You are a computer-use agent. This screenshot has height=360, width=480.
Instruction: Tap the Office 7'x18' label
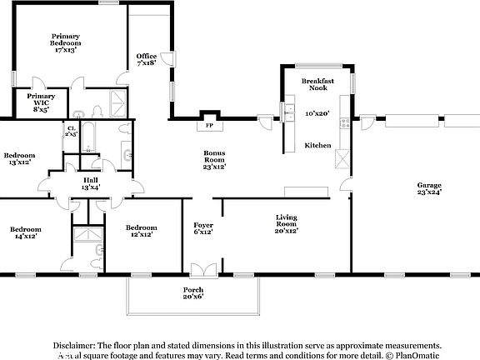click(147, 59)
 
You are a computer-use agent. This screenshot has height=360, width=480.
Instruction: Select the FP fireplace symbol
click(208, 125)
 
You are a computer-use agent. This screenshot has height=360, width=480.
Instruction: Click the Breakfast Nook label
click(317, 84)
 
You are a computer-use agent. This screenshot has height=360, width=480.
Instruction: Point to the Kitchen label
click(317, 145)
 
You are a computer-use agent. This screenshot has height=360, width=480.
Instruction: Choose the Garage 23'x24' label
click(429, 188)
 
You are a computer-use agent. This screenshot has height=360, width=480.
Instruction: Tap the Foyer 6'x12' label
click(203, 227)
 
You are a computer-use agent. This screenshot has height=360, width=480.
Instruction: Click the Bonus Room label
click(215, 159)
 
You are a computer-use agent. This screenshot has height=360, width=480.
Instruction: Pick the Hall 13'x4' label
click(90, 183)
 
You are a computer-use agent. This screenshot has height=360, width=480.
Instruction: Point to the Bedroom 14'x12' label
click(26, 232)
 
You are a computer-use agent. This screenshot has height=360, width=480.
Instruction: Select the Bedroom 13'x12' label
click(19, 158)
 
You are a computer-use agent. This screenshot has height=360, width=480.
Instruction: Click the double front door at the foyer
click(202, 270)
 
